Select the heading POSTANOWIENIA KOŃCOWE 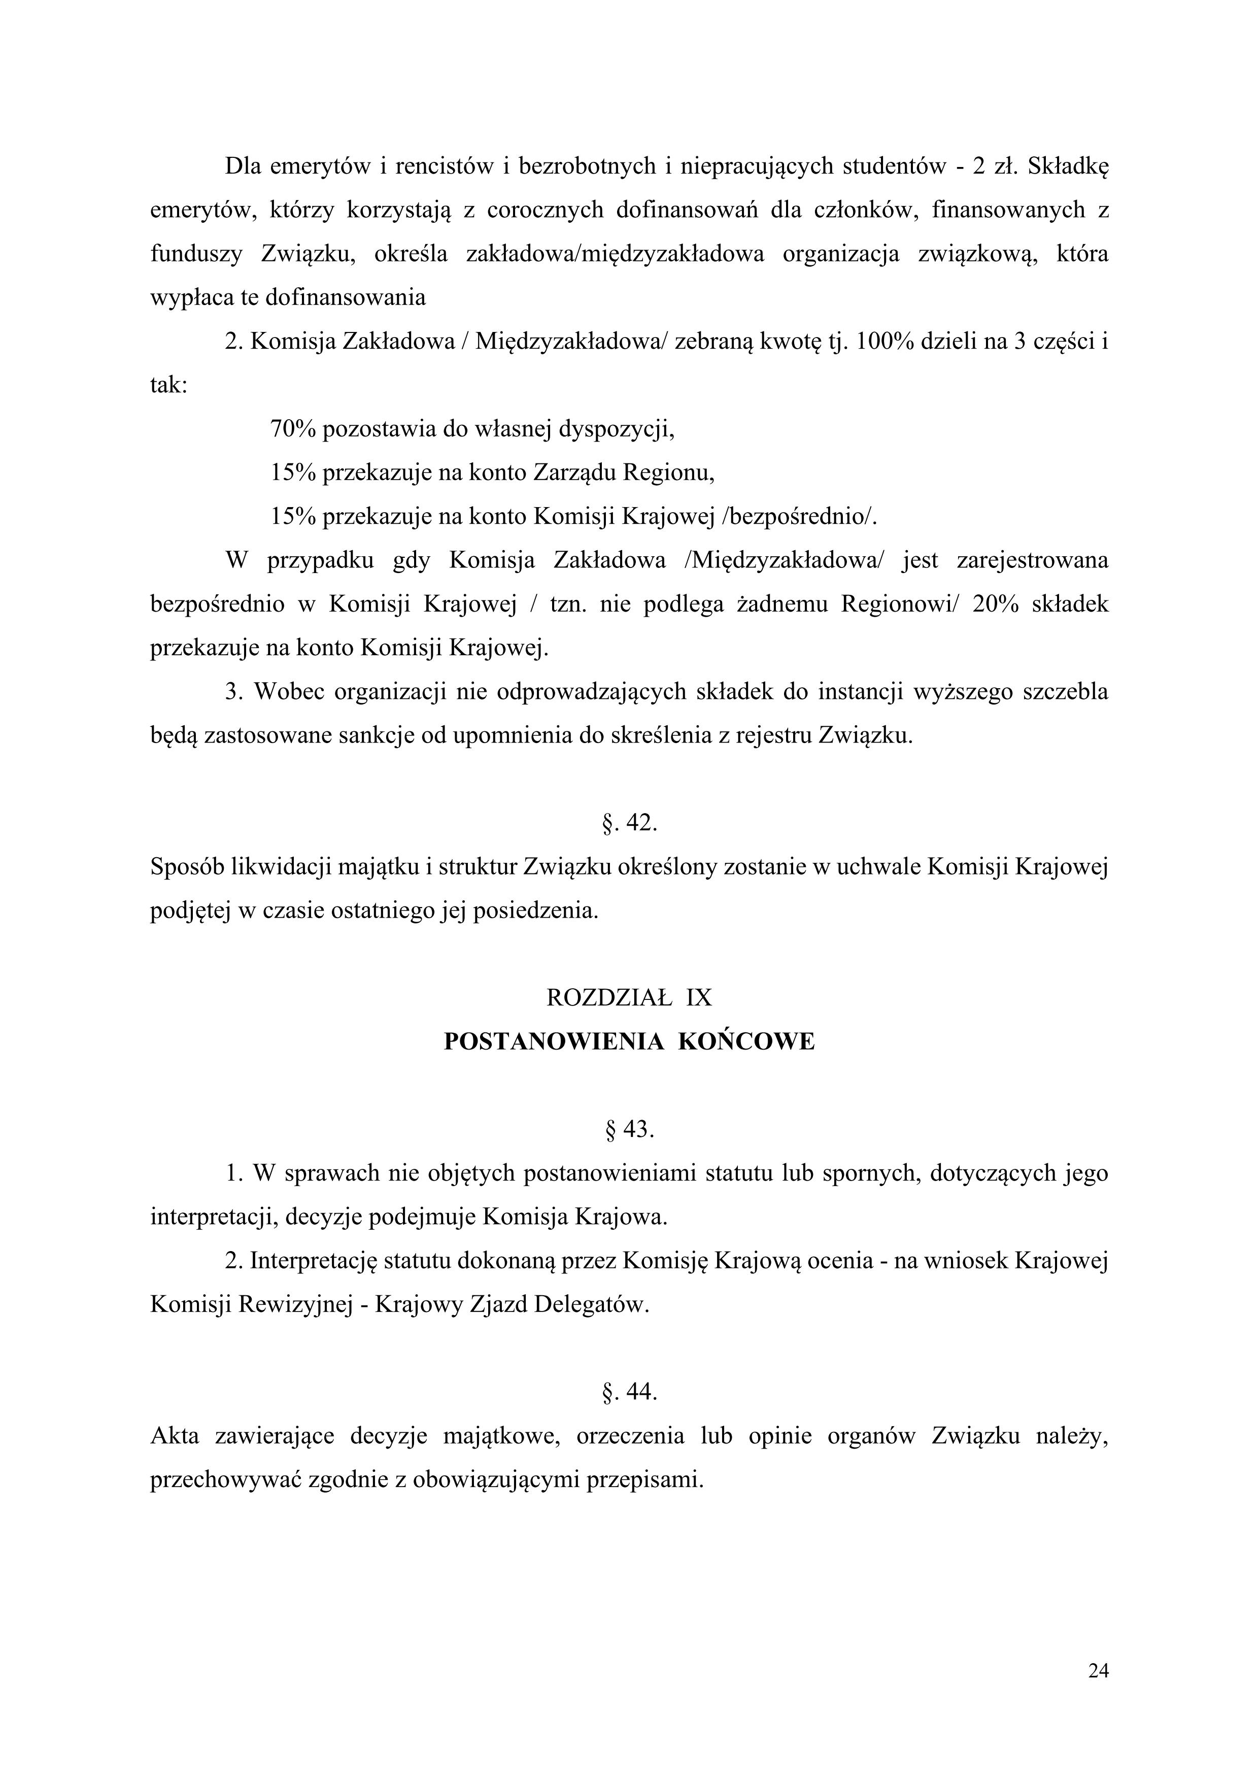click(629, 1042)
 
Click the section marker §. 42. click(629, 823)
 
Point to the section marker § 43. click(629, 1130)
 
